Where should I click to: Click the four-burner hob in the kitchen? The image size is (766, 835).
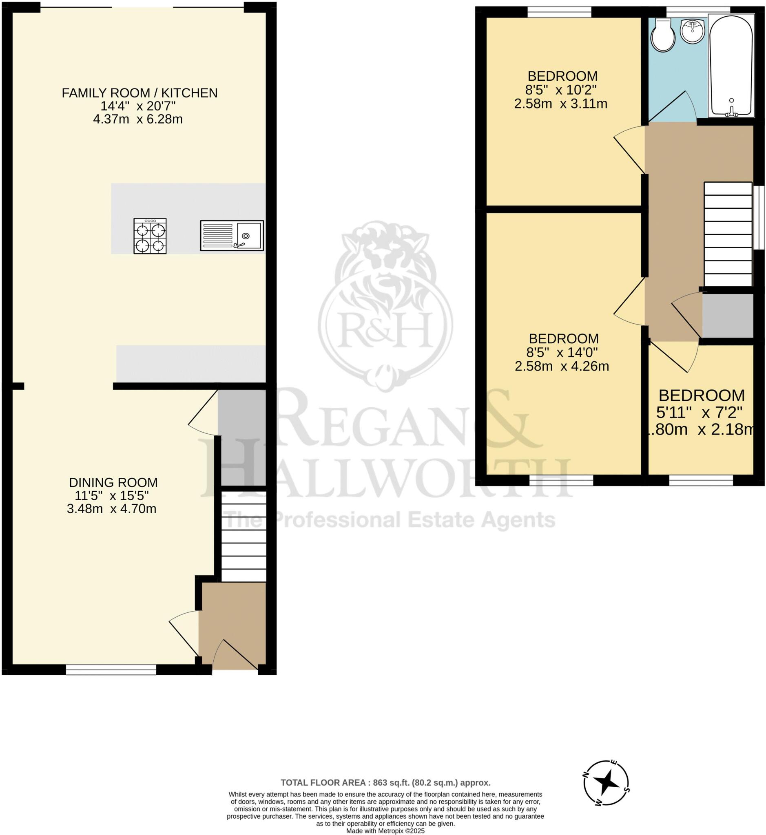pyautogui.click(x=150, y=236)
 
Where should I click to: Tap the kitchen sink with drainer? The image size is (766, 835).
pyautogui.click(x=232, y=235)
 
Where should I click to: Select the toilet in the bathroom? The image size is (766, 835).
pyautogui.click(x=663, y=35)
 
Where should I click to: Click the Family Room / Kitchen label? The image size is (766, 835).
pyautogui.click(x=139, y=93)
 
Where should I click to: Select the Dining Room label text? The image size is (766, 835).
pyautogui.click(x=113, y=482)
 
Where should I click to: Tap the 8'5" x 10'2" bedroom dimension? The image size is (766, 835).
pyautogui.click(x=560, y=90)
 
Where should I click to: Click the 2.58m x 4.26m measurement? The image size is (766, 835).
pyautogui.click(x=562, y=366)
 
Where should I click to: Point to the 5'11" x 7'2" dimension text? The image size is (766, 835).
pyautogui.click(x=700, y=412)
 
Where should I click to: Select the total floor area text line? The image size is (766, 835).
pyautogui.click(x=385, y=783)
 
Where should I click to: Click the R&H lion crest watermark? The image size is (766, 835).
pyautogui.click(x=385, y=307)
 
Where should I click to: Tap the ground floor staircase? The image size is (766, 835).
pyautogui.click(x=244, y=536)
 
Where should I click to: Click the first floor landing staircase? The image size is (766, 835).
pyautogui.click(x=728, y=234)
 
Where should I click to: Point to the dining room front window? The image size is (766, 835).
pyautogui.click(x=111, y=669)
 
